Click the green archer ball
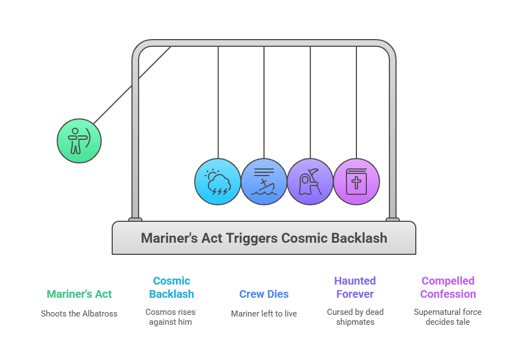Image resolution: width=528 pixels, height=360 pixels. click(79, 141)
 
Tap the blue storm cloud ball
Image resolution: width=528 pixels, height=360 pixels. click(218, 182)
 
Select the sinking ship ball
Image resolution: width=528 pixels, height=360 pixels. click(264, 182)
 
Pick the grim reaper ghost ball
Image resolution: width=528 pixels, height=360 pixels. click(310, 182)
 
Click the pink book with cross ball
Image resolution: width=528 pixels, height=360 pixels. click(356, 182)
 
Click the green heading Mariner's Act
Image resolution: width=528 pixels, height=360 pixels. click(79, 294)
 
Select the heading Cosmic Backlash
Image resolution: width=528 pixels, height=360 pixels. click(171, 287)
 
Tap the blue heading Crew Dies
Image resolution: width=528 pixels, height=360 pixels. click(264, 294)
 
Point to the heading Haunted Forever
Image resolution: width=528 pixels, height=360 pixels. click(355, 287)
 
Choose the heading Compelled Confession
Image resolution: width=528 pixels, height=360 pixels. click(448, 287)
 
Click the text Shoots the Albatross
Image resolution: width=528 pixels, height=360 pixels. click(79, 314)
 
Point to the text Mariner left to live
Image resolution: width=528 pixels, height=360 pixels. click(264, 314)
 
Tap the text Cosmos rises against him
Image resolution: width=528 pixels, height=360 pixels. click(170, 317)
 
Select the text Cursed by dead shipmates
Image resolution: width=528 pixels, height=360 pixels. click(355, 317)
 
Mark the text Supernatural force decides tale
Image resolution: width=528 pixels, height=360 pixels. click(448, 317)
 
